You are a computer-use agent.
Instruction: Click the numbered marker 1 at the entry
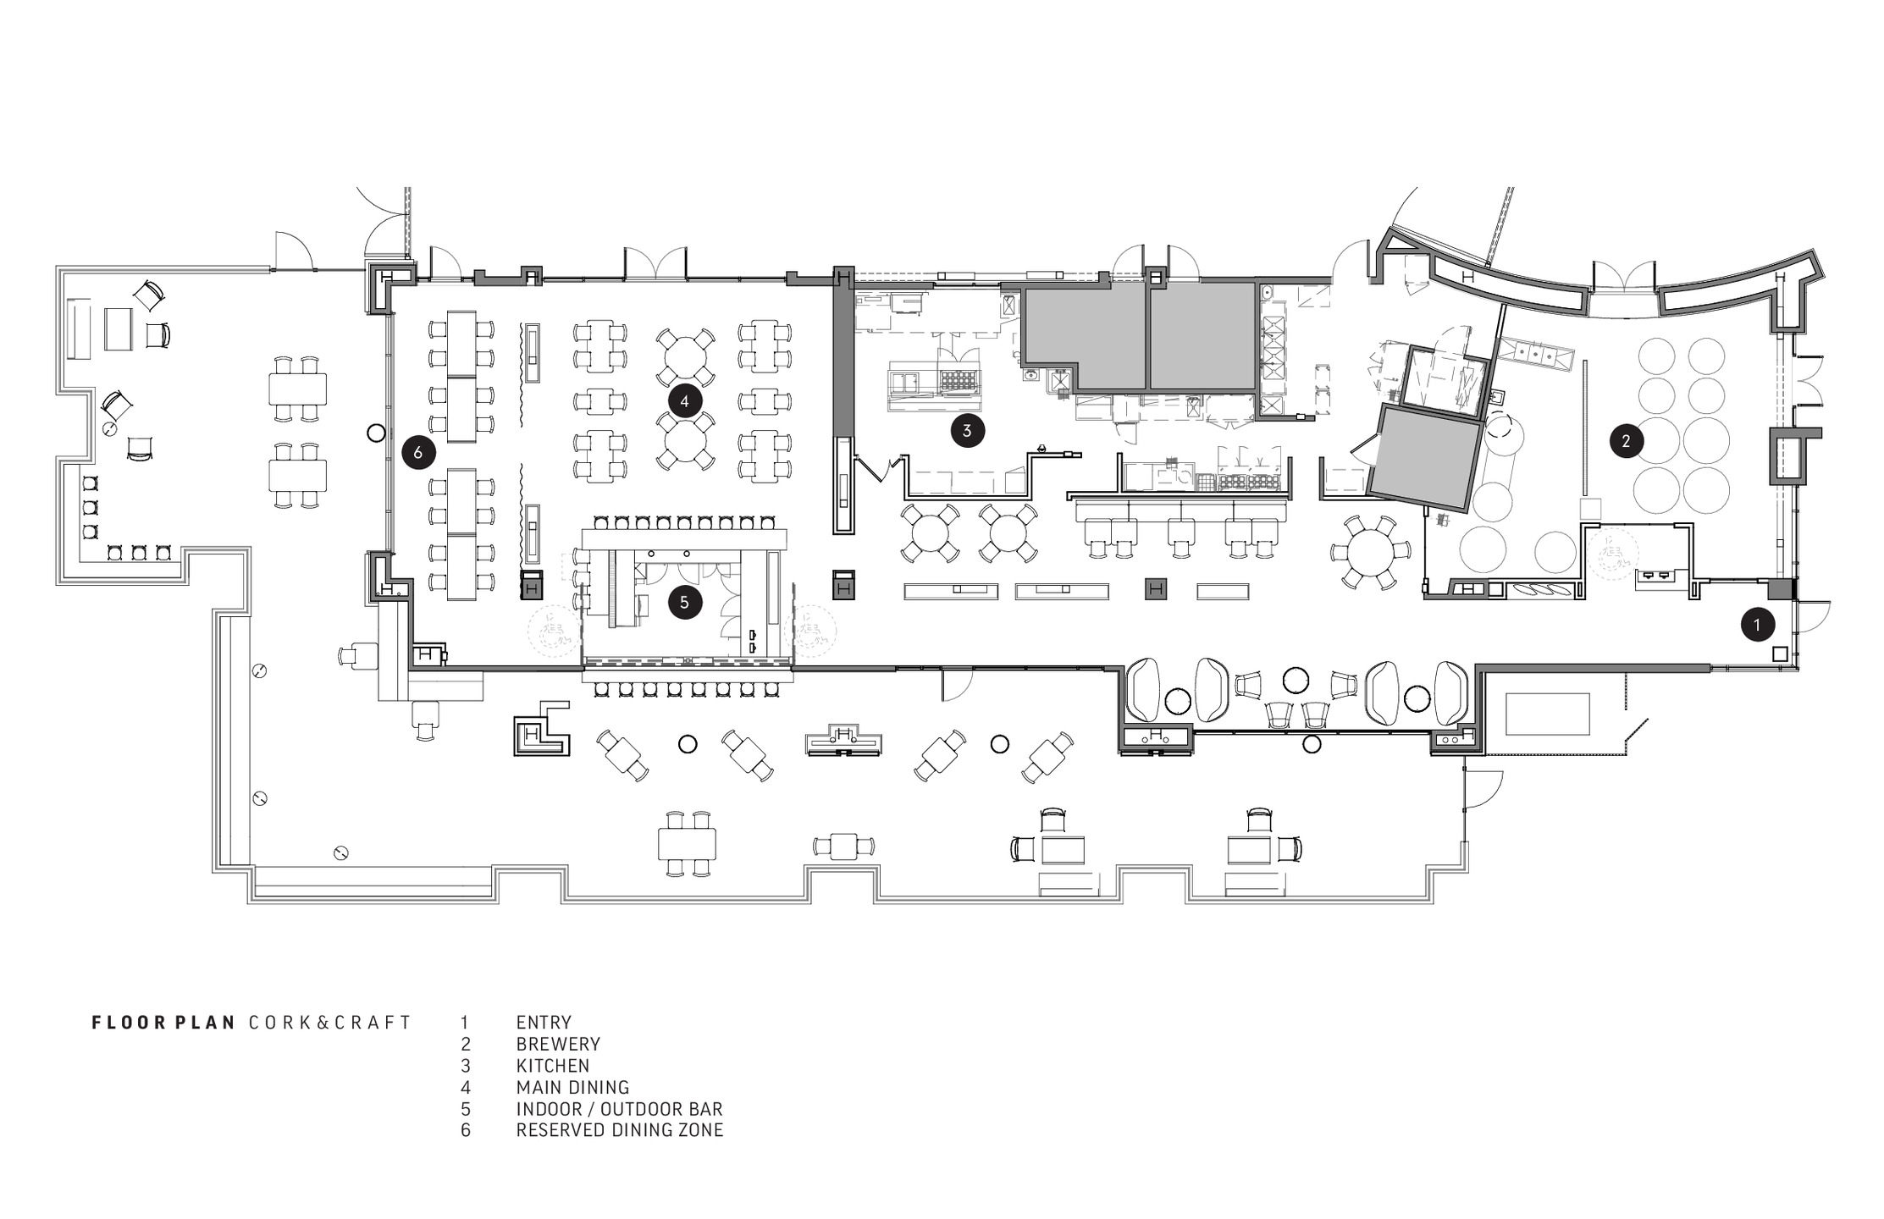click(1757, 626)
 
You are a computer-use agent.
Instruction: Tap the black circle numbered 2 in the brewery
click(1626, 440)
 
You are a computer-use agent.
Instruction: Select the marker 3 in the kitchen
click(967, 430)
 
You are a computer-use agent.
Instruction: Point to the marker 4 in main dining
click(684, 400)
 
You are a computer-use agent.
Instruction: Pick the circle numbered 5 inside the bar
click(684, 603)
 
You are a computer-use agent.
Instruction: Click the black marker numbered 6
click(417, 452)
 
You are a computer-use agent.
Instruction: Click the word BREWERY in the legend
click(558, 1044)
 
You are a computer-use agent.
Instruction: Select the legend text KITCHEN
click(553, 1066)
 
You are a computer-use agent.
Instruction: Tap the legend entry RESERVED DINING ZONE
click(620, 1130)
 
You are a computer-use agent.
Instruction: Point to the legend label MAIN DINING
click(573, 1087)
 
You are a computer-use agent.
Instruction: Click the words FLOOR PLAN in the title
click(163, 1023)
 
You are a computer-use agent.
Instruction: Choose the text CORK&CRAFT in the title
click(330, 1023)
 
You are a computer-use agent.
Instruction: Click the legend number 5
click(465, 1109)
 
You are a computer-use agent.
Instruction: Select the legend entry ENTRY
click(544, 1023)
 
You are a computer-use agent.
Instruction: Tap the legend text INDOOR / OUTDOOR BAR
click(620, 1109)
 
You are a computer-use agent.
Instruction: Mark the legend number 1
click(464, 1023)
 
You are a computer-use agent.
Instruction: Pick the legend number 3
click(465, 1066)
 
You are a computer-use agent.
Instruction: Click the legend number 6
click(465, 1130)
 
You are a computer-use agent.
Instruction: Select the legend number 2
click(465, 1044)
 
